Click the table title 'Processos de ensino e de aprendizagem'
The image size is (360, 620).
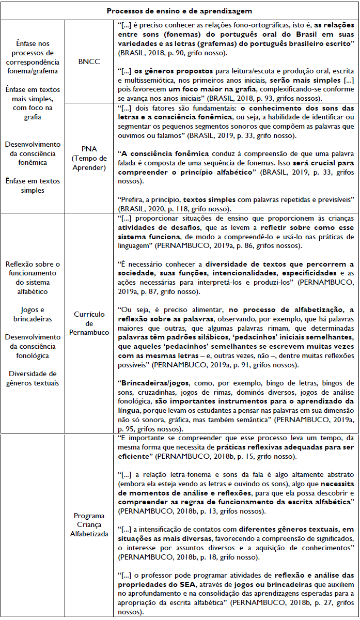tap(180, 11)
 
